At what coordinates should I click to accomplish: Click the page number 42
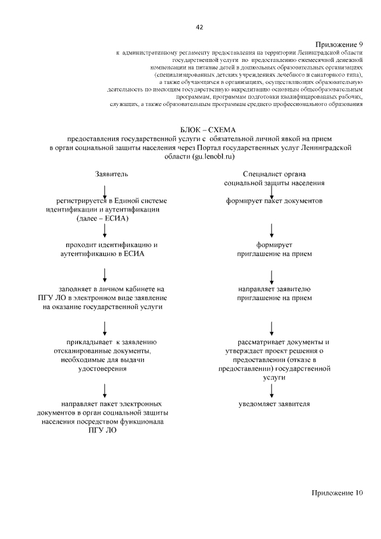[199, 27]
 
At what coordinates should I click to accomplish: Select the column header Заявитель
[111, 174]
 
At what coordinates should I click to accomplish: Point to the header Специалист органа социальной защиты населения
[274, 178]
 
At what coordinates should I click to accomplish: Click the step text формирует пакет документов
[274, 201]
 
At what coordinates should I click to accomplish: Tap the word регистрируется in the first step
[80, 201]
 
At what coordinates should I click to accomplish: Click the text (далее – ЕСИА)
[102, 219]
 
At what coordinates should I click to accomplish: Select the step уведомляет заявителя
[274, 404]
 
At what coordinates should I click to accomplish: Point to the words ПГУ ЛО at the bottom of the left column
[102, 430]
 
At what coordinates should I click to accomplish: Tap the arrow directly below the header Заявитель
[105, 191]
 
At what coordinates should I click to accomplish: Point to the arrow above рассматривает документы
[272, 327]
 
